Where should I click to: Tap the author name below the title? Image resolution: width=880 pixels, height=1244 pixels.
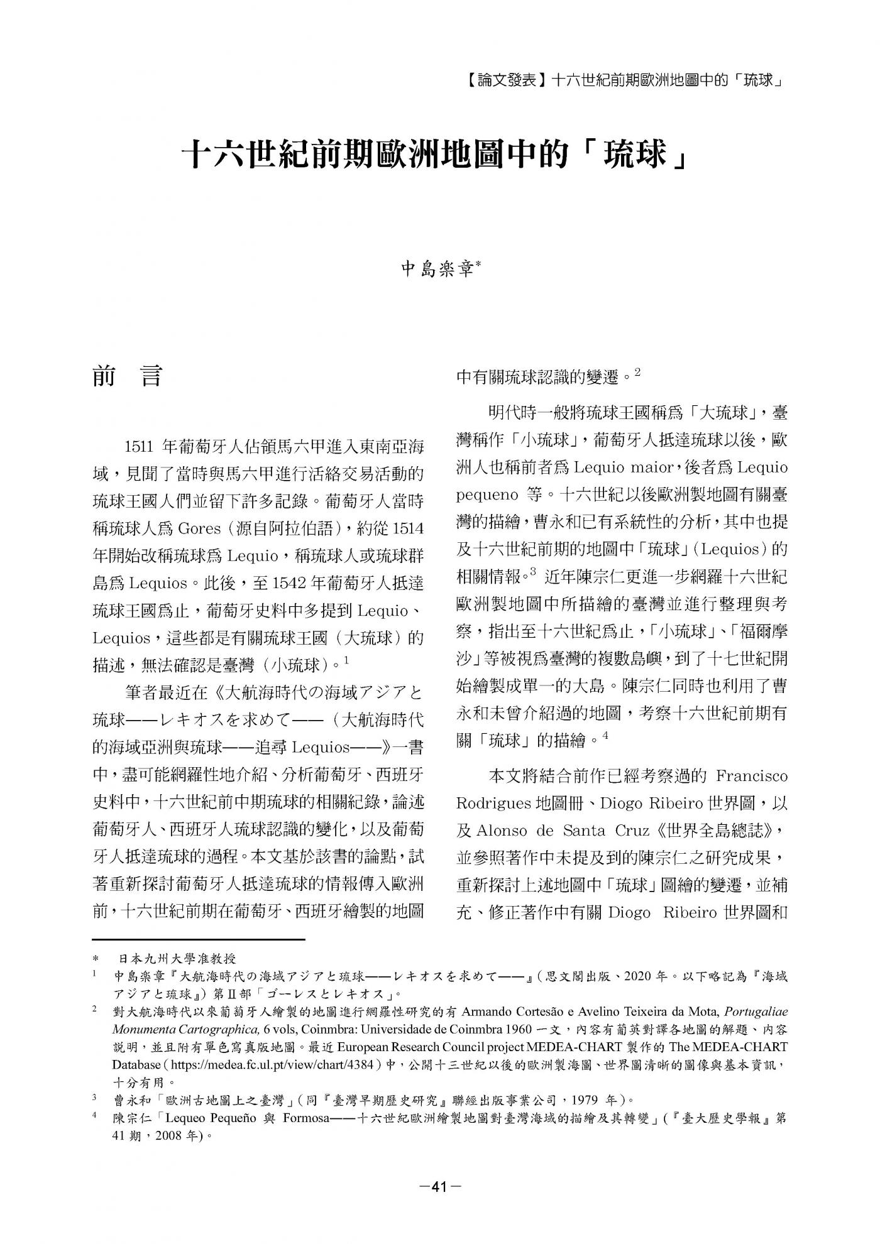[x=439, y=270]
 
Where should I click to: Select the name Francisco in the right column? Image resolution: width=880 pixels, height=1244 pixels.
[x=751, y=776]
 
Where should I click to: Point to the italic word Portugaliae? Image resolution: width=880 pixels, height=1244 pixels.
[x=756, y=1012]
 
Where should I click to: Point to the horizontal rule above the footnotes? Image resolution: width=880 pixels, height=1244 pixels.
[x=198, y=939]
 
